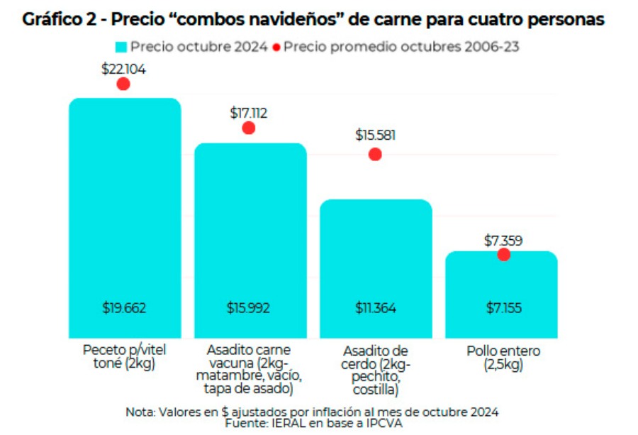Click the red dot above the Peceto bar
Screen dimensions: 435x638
coord(123,84)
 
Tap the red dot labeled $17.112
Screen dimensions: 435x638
coord(248,128)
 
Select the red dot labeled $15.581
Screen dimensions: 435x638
coord(375,154)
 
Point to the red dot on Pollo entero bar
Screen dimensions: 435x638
coord(503,254)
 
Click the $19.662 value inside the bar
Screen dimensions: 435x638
coord(124,308)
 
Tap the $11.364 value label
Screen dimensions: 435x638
coord(376,308)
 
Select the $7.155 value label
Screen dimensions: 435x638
coord(503,308)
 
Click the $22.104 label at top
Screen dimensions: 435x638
coord(123,68)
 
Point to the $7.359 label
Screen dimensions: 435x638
coord(503,241)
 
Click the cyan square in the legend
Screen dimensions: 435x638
coord(121,48)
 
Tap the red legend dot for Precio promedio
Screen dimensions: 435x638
coord(276,48)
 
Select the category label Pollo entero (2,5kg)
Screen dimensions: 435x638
coord(503,358)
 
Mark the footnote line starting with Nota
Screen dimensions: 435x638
coord(312,412)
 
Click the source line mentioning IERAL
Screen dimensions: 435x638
coord(312,423)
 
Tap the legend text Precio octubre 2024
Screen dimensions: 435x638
coord(199,48)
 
